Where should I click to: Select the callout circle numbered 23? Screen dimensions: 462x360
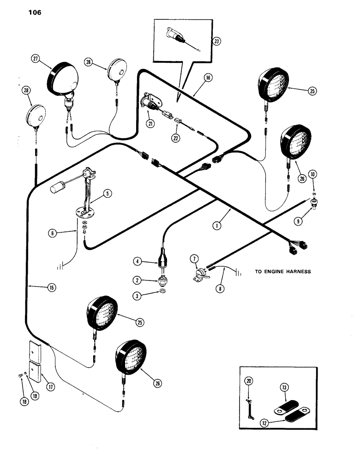tap(216, 41)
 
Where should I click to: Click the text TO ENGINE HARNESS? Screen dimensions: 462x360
tap(282, 272)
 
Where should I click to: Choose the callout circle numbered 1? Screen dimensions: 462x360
tap(215, 226)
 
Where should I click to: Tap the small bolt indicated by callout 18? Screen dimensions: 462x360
tap(18, 376)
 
